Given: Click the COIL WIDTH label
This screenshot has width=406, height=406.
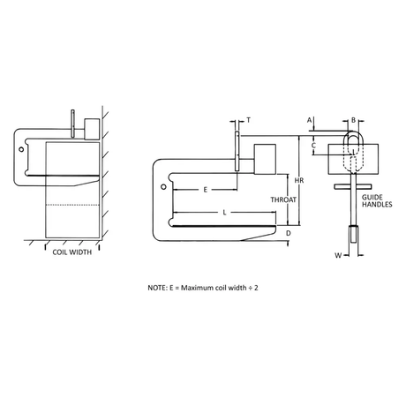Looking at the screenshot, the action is click(71, 252).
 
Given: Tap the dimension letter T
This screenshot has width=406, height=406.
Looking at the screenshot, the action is click(249, 120).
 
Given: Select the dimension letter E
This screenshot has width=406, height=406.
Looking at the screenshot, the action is click(206, 190).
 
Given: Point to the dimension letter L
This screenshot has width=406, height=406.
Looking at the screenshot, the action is click(224, 213).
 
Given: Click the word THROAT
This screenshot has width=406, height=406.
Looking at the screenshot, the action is click(283, 199).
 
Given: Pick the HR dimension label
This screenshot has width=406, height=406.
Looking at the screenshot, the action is click(299, 180).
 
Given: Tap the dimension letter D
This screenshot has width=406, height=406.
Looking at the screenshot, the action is click(289, 233).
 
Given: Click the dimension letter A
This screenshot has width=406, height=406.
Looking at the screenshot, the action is click(309, 120).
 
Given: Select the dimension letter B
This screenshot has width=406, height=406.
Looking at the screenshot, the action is click(354, 120).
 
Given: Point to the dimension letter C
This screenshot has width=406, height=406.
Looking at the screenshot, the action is click(313, 146).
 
